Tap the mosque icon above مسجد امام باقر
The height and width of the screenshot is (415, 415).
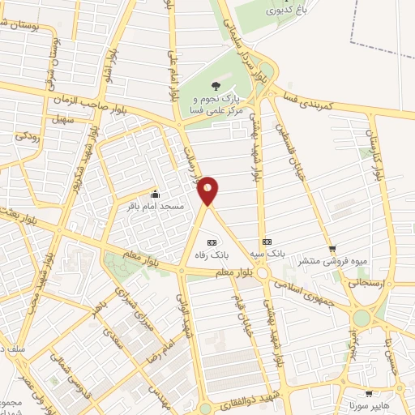(155, 195)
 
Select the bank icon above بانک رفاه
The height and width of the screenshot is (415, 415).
(212, 242)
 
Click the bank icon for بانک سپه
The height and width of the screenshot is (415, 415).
(266, 242)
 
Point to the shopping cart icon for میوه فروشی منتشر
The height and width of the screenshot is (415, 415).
(332, 249)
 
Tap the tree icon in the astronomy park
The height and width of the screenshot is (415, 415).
(216, 87)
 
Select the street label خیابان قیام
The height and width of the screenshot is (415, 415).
(246, 310)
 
